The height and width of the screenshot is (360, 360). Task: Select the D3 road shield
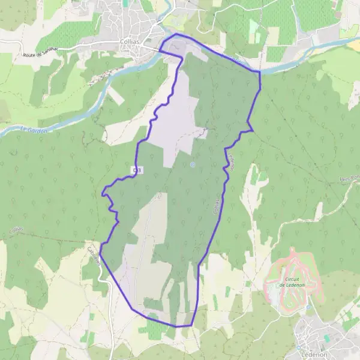pyautogui.click(x=137, y=171)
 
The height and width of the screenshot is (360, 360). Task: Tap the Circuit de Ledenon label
pyautogui.click(x=292, y=282)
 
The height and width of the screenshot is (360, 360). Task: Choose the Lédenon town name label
pyautogui.click(x=314, y=353)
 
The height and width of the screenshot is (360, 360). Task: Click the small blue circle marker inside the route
pyautogui.click(x=193, y=164)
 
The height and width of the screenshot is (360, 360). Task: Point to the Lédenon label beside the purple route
pyautogui.click(x=230, y=161)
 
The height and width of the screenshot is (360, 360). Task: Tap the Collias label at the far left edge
pyautogui.click(x=16, y=230)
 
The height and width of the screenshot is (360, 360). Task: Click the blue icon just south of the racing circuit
pyautogui.click(x=308, y=307)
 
